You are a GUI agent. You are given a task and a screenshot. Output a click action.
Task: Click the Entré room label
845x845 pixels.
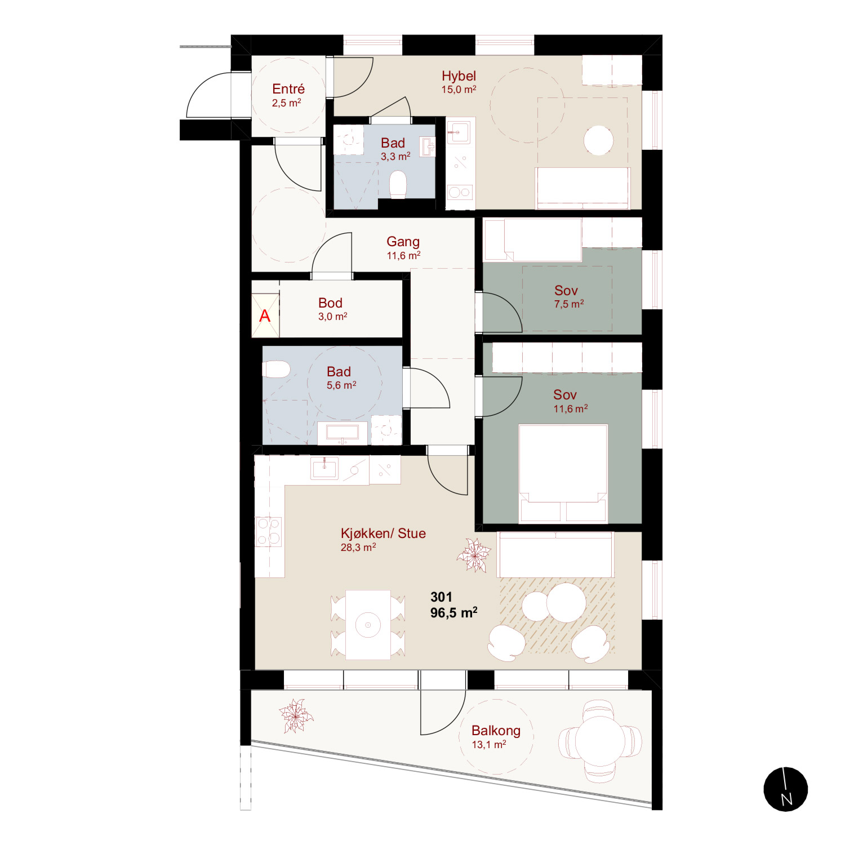pyautogui.click(x=288, y=89)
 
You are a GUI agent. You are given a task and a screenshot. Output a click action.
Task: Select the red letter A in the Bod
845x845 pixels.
pyautogui.click(x=265, y=316)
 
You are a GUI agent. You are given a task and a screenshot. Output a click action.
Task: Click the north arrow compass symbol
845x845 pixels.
pyautogui.click(x=786, y=789)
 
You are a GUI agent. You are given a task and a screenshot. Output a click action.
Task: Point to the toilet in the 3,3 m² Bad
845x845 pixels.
pyautogui.click(x=398, y=185)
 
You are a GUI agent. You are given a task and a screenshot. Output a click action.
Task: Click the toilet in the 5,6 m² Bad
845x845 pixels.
pyautogui.click(x=276, y=370)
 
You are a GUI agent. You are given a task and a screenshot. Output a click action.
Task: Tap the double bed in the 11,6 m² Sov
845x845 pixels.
pyautogui.click(x=563, y=473)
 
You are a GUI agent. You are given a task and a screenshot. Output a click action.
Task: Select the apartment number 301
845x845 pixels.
pyautogui.click(x=441, y=597)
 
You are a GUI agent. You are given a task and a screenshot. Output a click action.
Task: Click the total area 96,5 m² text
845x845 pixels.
pyautogui.click(x=454, y=612)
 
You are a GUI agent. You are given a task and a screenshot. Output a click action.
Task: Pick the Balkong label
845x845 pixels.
pyautogui.click(x=496, y=731)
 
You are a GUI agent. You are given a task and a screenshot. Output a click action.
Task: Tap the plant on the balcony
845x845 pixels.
pyautogui.click(x=295, y=716)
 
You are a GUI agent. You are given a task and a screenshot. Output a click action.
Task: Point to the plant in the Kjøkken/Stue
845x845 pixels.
pyautogui.click(x=474, y=555)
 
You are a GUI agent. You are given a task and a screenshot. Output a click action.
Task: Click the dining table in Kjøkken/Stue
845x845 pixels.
pyautogui.click(x=368, y=625)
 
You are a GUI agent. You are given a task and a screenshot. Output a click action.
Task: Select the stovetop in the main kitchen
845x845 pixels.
pyautogui.click(x=269, y=532)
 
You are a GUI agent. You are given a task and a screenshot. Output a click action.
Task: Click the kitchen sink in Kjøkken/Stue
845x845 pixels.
pyautogui.click(x=324, y=468)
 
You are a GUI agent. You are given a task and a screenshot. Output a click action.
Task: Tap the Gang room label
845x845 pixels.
pyautogui.click(x=403, y=242)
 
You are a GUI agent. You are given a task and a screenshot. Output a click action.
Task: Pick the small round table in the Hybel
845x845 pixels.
pyautogui.click(x=598, y=140)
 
